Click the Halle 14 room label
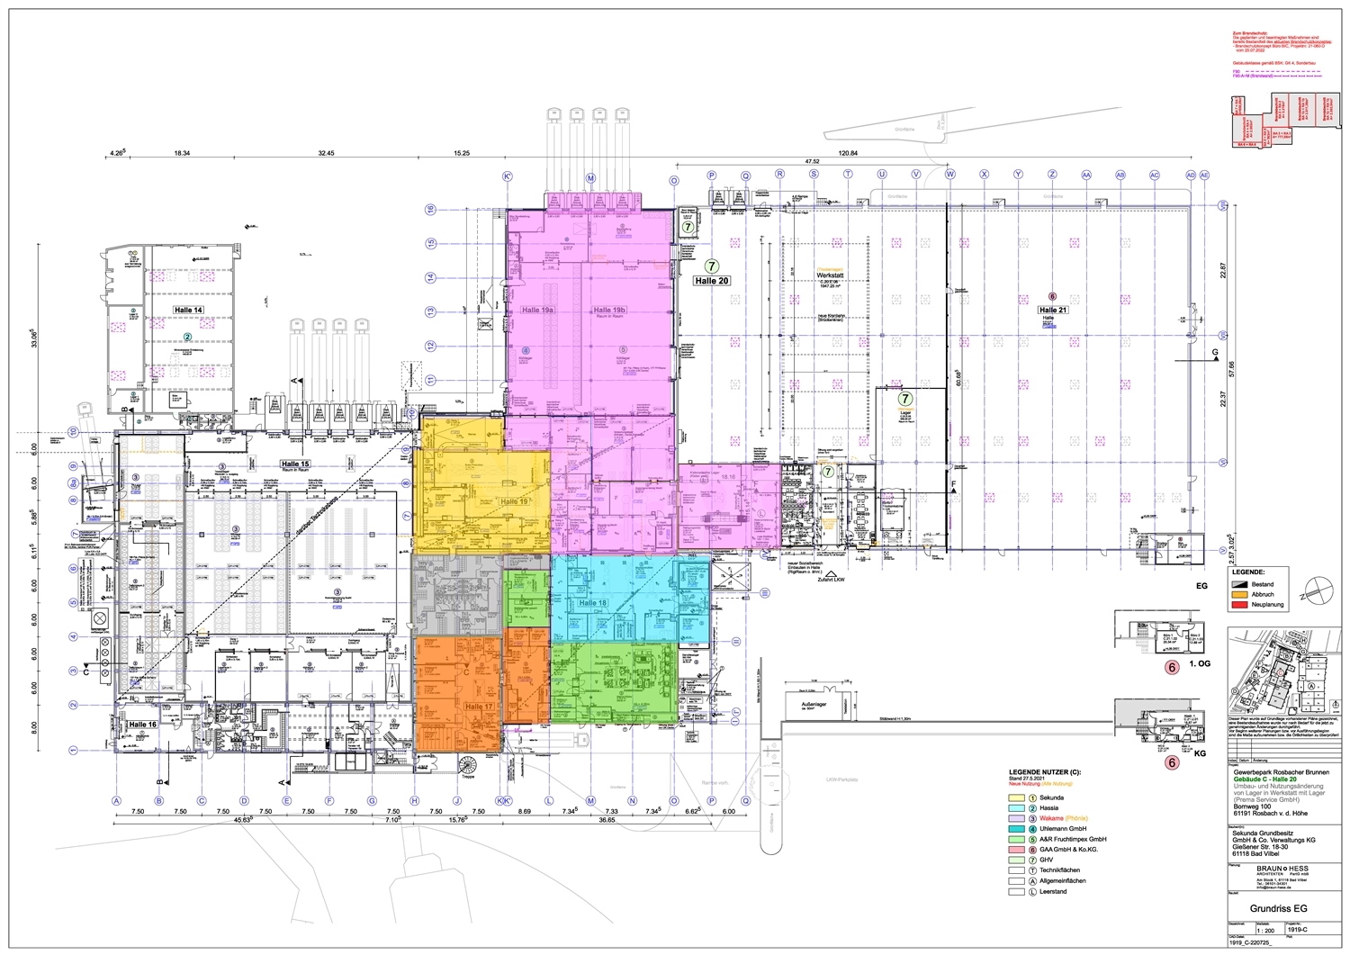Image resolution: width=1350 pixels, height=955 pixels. [189, 310]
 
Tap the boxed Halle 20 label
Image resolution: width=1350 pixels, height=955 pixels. [711, 281]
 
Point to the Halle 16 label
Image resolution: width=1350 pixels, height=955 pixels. [142, 725]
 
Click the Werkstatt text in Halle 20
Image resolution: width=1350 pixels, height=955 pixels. [828, 275]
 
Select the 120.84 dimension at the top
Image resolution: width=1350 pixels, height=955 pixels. [848, 154]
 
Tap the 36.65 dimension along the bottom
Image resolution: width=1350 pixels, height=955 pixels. [606, 820]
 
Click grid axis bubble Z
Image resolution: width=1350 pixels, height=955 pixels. [1052, 175]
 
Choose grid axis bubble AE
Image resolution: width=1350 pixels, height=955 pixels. [1204, 175]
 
